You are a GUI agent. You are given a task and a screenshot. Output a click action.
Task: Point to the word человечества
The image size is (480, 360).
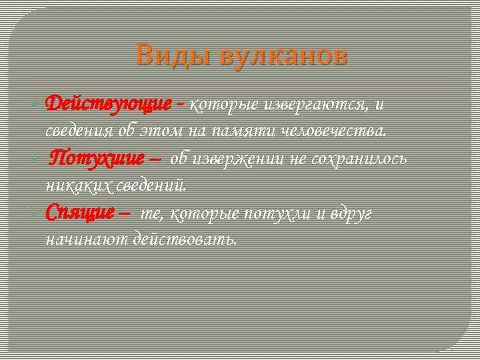click(341, 131)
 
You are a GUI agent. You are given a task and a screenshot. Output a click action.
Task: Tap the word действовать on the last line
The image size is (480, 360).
click(184, 239)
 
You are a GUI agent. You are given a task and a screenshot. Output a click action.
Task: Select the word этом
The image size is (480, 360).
click(163, 131)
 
